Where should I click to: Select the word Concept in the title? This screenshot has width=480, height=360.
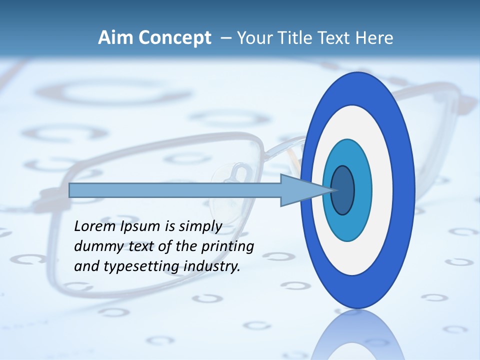(174, 38)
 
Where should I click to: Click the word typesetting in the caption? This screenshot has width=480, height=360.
(142, 267)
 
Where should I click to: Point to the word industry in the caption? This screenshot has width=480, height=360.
(212, 266)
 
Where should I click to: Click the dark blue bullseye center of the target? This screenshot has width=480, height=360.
(343, 190)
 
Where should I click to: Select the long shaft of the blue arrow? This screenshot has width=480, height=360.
(175, 190)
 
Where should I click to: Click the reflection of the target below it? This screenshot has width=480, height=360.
(358, 335)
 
